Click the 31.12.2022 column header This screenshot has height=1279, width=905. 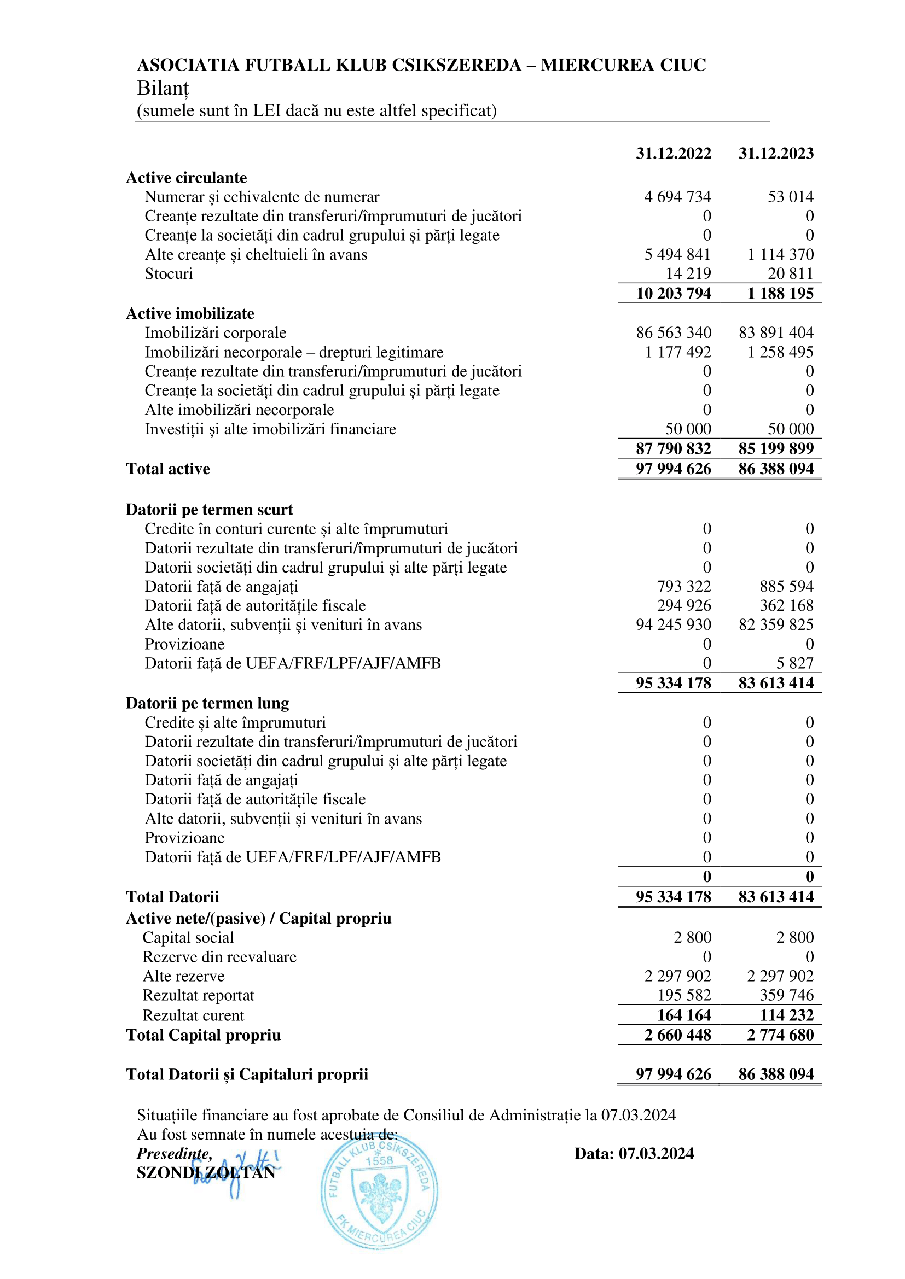click(673, 153)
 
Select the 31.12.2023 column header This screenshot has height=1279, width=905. click(776, 153)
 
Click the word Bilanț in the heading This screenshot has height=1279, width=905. click(163, 88)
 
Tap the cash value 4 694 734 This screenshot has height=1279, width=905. click(677, 197)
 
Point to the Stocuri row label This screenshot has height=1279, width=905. click(169, 273)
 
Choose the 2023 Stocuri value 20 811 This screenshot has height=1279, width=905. click(790, 273)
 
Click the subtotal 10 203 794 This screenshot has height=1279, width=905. click(673, 294)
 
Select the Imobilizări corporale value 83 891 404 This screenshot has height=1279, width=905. click(776, 332)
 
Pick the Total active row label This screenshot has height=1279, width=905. click(168, 469)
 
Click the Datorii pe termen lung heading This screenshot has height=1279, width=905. click(207, 703)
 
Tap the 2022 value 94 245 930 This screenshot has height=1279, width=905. click(673, 624)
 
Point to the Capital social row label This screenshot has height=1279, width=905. click(188, 938)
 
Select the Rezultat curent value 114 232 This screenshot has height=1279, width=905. click(786, 1015)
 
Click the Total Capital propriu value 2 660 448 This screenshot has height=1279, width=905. click(677, 1035)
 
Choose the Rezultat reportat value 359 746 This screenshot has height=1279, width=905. click(786, 995)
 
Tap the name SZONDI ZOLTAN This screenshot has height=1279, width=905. click(206, 1172)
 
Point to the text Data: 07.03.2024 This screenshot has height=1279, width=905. click(634, 1153)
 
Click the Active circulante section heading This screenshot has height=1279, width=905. click(186, 178)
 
